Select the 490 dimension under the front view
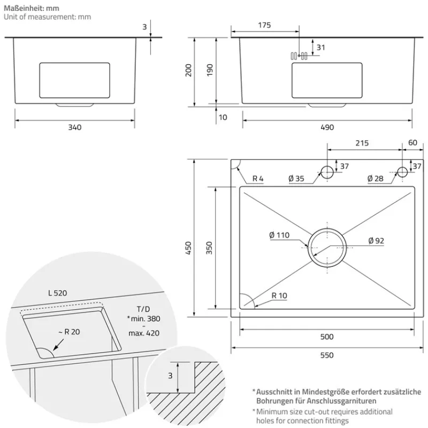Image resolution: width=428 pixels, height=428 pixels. pos(327,127)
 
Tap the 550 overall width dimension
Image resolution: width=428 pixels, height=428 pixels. pos(327,355)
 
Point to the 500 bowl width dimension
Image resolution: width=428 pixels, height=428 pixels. pos(327,337)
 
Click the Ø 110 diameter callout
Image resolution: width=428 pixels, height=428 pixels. pos(279,234)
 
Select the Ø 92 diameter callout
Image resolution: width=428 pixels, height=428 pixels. pos(376,241)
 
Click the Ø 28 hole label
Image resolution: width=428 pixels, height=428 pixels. pos(376,179)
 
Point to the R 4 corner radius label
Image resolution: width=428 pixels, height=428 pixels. pos(258,179)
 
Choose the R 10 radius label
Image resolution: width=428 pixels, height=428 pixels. pos(279,295)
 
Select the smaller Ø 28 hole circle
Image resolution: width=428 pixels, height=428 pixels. pos(402,172)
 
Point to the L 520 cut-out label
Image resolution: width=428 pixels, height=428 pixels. pos(57,293)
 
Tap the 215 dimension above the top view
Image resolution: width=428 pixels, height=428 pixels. pos(362,143)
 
